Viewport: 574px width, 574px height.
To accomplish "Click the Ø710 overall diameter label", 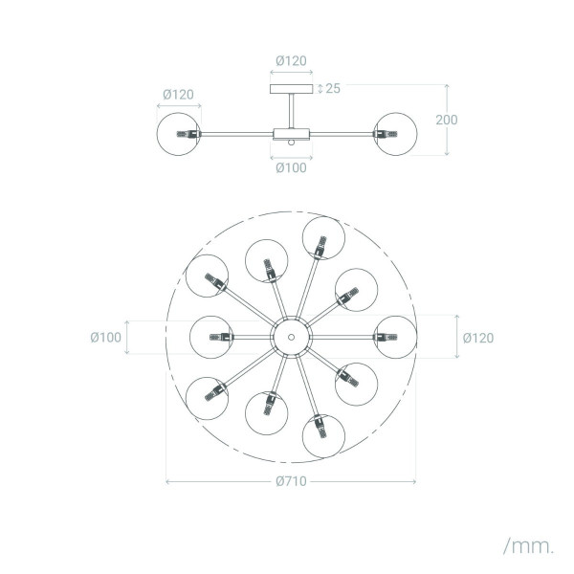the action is pos(291,481).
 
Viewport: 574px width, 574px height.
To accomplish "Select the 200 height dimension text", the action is pos(446,120).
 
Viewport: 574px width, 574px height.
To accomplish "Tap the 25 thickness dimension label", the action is pos(333,88).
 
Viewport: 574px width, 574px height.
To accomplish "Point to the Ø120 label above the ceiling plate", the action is pos(291,61).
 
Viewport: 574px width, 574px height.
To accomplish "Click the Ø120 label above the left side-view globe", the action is pos(178,95).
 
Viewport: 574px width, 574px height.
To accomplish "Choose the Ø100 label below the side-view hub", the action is pos(291,167).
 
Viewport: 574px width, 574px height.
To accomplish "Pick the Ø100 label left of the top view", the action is pos(106,337).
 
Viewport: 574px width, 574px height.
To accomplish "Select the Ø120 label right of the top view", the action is pos(478,338).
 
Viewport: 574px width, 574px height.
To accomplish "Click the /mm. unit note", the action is pos(529,546).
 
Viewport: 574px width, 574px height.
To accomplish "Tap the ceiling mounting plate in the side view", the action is pos(292,89).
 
